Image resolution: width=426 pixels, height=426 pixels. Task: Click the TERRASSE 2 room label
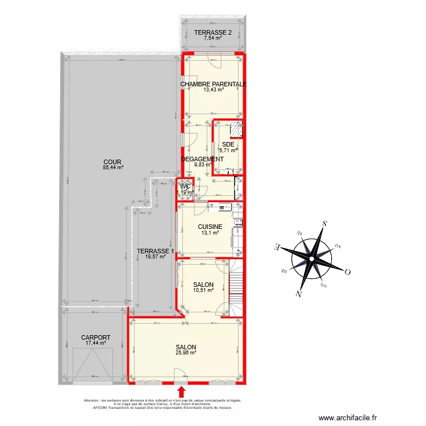(x=212, y=32)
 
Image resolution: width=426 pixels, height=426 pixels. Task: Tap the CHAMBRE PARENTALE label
(x=214, y=84)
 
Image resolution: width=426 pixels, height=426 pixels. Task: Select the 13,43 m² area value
(x=214, y=89)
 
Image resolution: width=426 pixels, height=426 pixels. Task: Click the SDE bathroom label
(x=228, y=144)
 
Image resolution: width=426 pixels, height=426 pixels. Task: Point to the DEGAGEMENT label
(x=202, y=160)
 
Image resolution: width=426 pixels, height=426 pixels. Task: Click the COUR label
(x=112, y=162)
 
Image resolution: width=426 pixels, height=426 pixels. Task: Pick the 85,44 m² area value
(x=112, y=168)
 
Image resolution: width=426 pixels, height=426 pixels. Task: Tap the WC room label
(x=185, y=186)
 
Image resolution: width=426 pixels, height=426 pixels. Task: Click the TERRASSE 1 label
(x=156, y=251)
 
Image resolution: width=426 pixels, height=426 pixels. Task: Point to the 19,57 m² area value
(x=156, y=257)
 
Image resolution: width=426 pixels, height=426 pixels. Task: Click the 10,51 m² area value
(x=203, y=290)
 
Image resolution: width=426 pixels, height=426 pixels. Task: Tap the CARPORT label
(x=95, y=337)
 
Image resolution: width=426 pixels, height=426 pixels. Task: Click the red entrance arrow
(x=182, y=392)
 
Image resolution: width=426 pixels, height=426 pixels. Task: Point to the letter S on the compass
(x=324, y=224)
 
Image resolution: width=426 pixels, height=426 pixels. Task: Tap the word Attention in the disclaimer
(x=92, y=400)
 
